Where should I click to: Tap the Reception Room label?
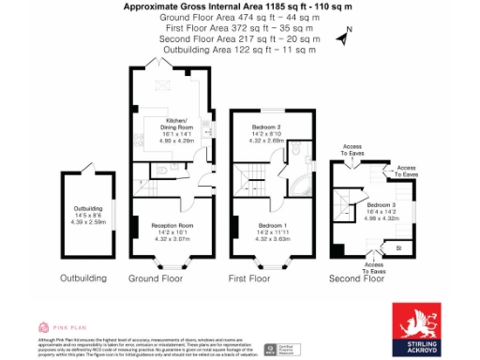(172, 226)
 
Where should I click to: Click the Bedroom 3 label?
(382, 204)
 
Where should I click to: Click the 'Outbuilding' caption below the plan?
(82, 278)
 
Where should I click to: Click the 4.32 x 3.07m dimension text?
(172, 240)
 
